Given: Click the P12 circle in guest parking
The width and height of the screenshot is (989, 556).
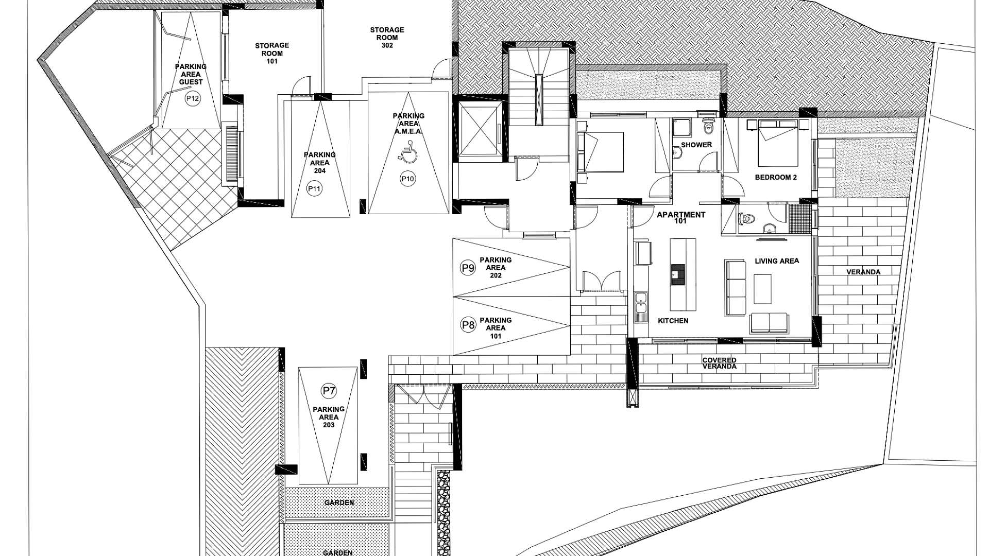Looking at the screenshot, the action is point(193,99).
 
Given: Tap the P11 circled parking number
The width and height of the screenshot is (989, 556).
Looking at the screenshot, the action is point(314,189).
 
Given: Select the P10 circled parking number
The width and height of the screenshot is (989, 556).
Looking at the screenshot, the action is point(407,179).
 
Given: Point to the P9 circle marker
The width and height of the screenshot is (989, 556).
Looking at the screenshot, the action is point(468,268).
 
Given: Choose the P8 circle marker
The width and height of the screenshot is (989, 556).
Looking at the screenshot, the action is point(468,325).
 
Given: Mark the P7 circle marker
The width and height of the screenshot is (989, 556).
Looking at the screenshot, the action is point(329,391).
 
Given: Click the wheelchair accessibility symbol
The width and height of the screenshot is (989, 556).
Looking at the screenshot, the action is point(407,154).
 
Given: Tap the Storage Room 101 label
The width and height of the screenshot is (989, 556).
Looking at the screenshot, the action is point(272,54).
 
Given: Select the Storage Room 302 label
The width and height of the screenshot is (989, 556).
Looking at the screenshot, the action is point(387,38).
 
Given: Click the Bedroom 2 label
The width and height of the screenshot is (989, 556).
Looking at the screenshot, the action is point(776,177).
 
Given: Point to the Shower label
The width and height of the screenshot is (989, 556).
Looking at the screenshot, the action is point(696,145).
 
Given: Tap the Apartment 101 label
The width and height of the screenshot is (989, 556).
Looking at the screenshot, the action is point(681,218).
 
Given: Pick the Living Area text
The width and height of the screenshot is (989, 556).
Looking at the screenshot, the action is point(777,261).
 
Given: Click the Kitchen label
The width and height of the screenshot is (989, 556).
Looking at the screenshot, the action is point(673,321).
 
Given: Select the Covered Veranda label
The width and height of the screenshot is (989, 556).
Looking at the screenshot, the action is point(720,363).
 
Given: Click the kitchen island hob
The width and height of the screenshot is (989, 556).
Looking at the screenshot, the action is point(678,274).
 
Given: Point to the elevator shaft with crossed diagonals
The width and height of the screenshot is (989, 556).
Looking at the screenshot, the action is point(481,129).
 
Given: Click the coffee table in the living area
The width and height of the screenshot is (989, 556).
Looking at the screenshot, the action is point(763,289).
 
